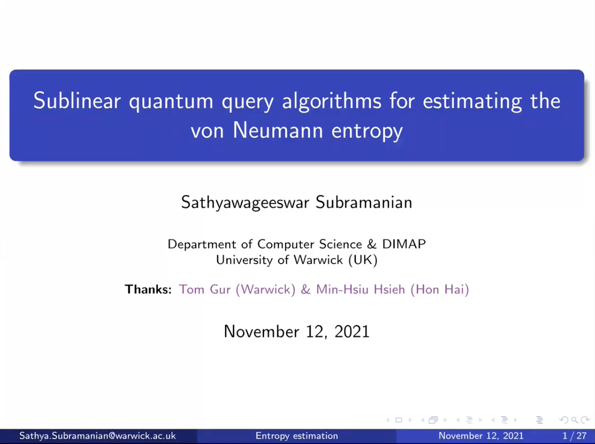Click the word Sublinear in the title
tap(77, 101)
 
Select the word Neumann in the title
tap(278, 130)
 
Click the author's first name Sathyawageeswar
tap(245, 203)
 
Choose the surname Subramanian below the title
tap(364, 202)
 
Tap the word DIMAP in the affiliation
tap(404, 244)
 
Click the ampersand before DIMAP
tap(372, 244)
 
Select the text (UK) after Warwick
tap(363, 260)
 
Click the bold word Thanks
tap(148, 290)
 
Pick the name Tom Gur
tap(205, 290)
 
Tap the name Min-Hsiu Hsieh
tap(360, 290)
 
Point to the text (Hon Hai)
tap(440, 290)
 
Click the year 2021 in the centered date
tap(352, 332)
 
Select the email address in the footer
tap(97, 436)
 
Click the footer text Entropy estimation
tap(297, 436)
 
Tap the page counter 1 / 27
tap(575, 436)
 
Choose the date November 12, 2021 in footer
tap(481, 436)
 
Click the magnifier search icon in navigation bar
tap(575, 420)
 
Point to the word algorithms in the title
tap(332, 102)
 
